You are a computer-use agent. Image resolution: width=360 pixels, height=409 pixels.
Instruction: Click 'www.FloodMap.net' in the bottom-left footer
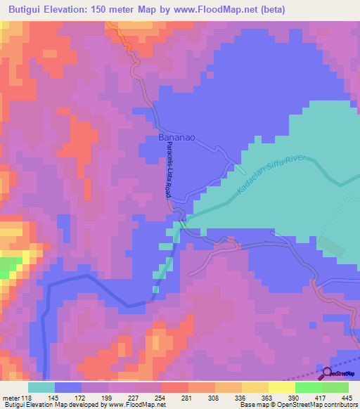(x=139, y=404)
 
